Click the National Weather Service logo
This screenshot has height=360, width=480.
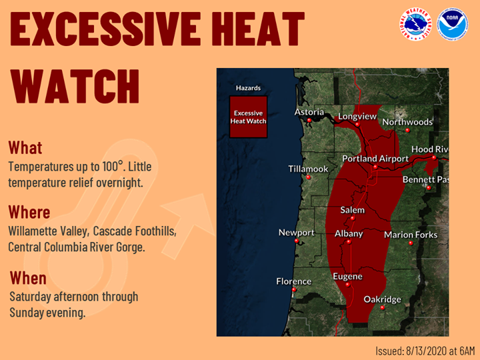point(415,25)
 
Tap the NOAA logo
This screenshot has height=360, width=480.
point(453,25)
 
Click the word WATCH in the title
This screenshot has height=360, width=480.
point(75,86)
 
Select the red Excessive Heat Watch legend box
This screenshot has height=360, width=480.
point(248,117)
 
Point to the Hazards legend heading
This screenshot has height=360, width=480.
point(248,88)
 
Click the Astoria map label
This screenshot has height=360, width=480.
point(309,112)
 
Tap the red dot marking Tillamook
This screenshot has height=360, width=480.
point(308,177)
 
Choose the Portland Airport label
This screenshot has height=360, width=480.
point(375,159)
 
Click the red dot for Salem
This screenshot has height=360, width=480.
point(353,218)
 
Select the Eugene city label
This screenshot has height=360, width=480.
point(348,277)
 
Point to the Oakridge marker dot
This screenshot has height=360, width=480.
point(383,307)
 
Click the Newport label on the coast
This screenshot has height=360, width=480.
point(296,233)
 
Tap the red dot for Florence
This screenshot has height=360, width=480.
point(294,289)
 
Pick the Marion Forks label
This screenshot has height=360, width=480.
point(411,235)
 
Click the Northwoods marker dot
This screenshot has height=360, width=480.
point(407,130)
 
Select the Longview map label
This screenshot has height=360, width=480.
point(357,116)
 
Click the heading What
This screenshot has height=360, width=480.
point(25,147)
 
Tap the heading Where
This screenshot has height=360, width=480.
point(29,212)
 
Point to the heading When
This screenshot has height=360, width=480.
point(28,278)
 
